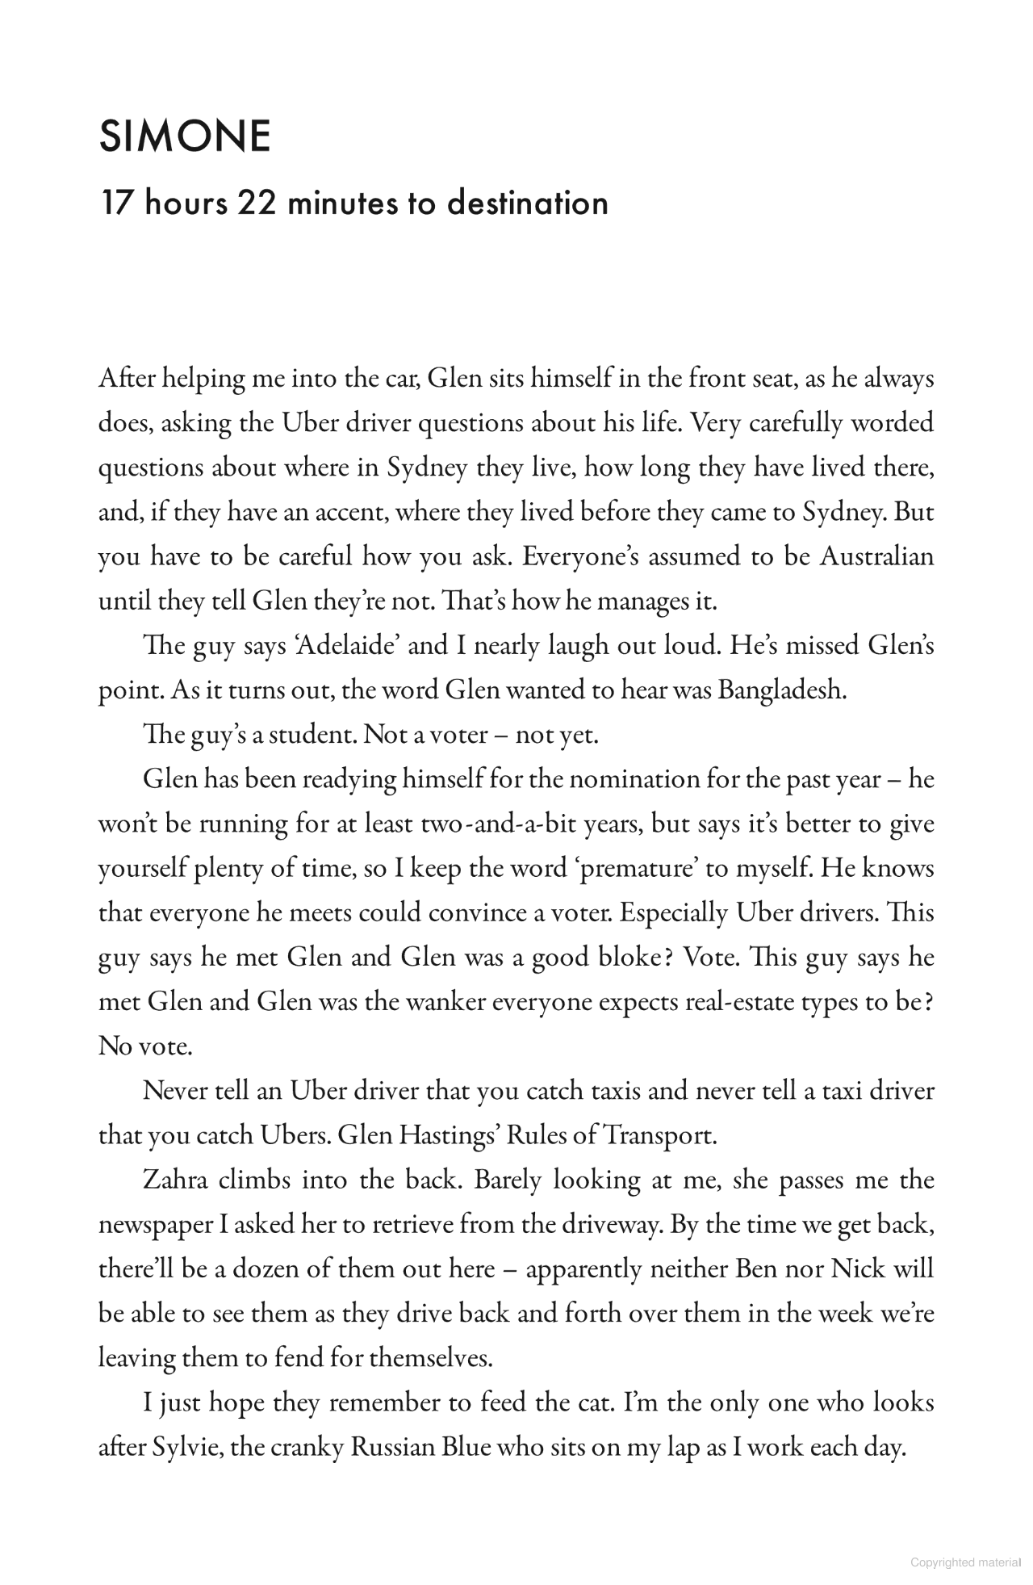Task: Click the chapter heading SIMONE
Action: coord(185,136)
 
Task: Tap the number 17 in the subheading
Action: coord(115,202)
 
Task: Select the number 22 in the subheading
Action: coord(257,202)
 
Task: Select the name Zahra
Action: coord(175,1180)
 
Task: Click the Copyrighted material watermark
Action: coord(965,1562)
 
